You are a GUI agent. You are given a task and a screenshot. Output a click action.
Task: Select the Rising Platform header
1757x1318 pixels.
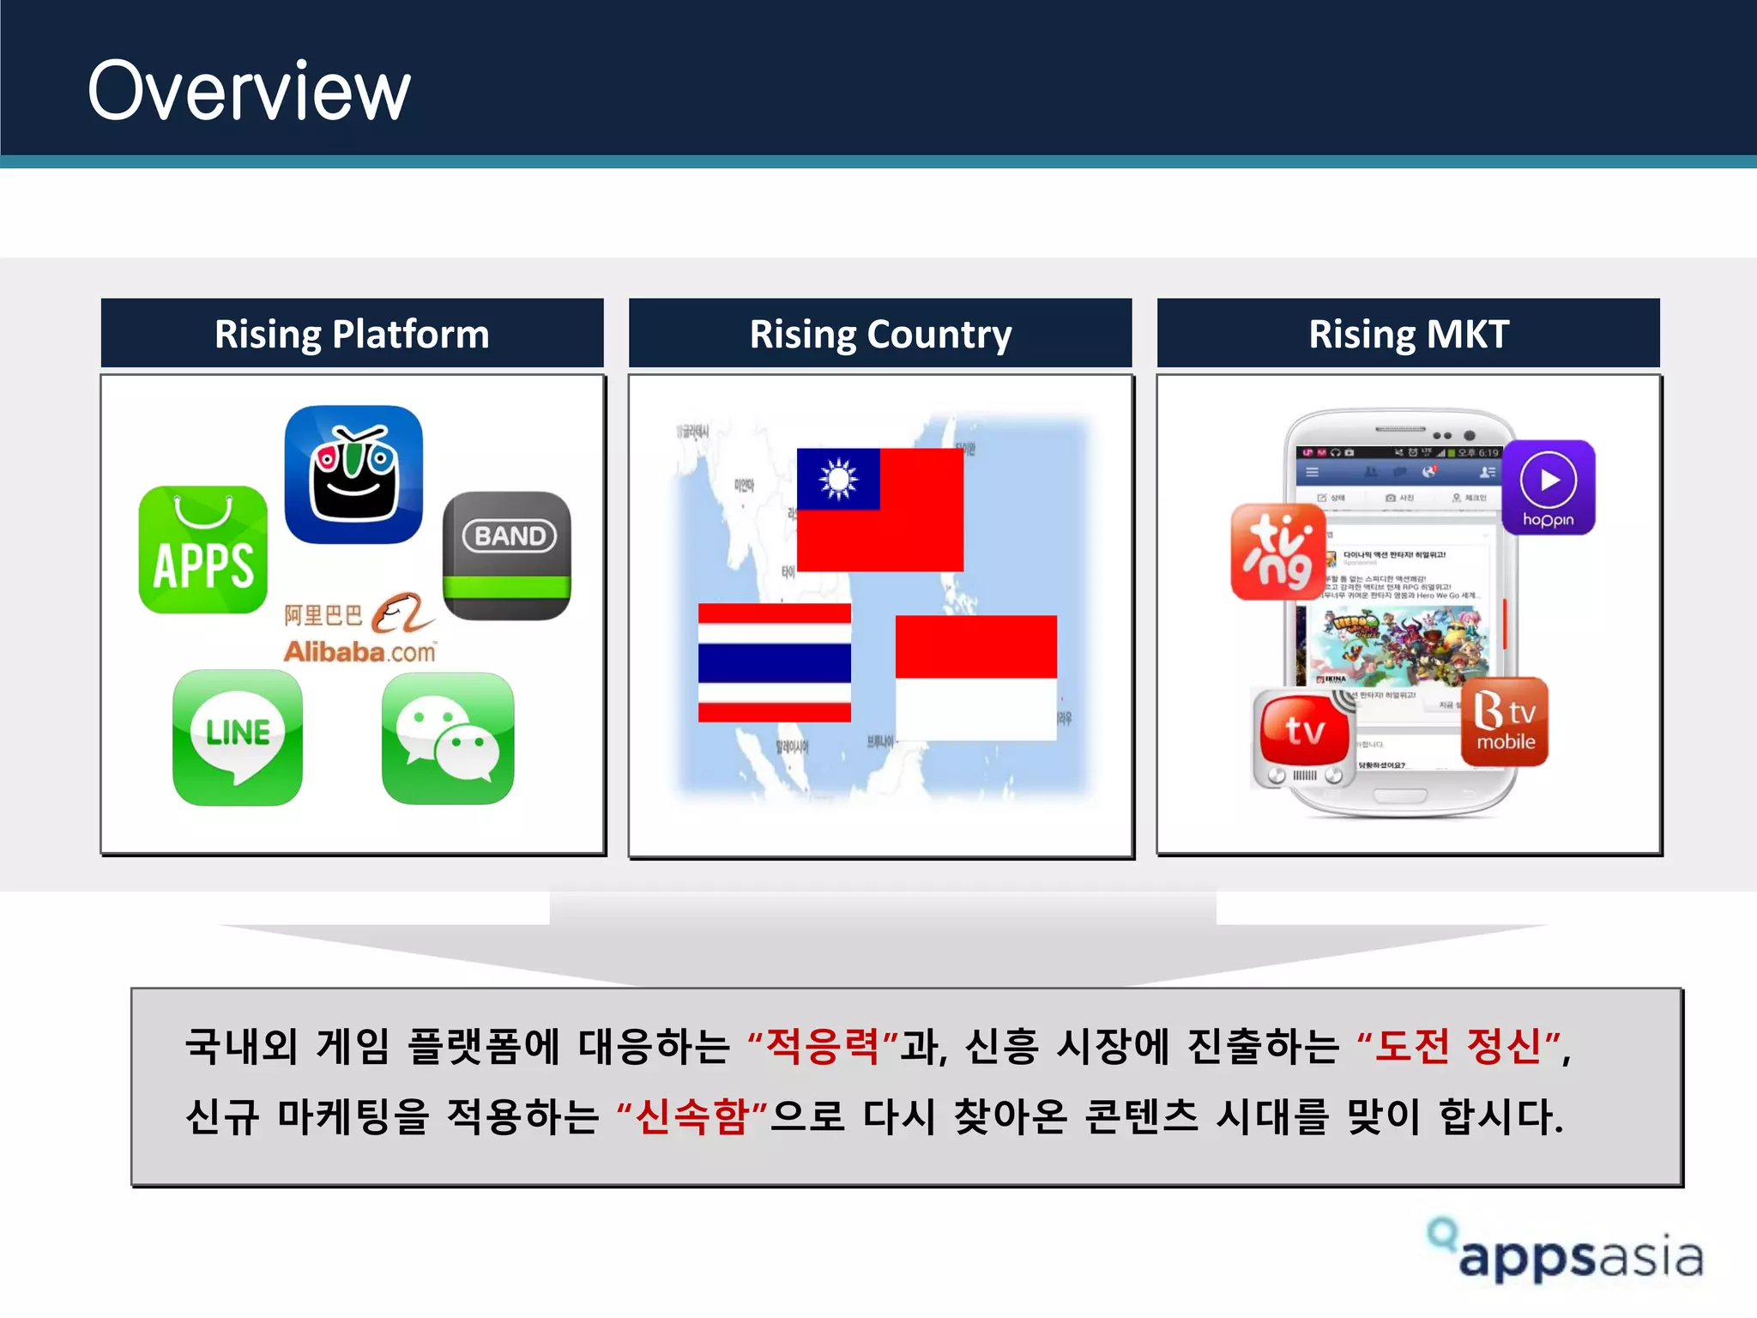click(352, 334)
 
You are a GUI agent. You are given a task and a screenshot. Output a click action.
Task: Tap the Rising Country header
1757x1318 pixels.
click(880, 334)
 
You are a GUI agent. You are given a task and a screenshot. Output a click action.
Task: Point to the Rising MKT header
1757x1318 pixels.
click(1408, 334)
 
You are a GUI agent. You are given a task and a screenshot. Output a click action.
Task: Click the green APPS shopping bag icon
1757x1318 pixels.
click(203, 550)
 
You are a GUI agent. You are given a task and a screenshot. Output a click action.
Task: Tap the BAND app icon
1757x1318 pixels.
click(507, 555)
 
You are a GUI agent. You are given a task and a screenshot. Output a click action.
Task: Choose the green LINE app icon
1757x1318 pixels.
click(238, 737)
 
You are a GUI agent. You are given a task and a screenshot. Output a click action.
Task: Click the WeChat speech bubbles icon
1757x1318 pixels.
click(448, 738)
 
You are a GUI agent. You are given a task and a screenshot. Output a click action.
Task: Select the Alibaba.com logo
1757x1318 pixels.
click(360, 629)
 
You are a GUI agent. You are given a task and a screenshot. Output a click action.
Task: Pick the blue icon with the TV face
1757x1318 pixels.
click(353, 475)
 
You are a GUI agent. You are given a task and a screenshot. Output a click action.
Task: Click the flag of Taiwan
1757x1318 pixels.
click(880, 510)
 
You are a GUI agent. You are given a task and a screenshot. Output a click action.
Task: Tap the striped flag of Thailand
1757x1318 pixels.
click(775, 662)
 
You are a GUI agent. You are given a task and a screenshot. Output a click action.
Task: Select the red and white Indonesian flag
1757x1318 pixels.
click(975, 677)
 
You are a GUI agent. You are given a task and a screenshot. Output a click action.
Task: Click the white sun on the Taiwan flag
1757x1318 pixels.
click(838, 479)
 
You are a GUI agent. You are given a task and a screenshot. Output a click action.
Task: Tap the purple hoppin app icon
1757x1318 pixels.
click(1549, 487)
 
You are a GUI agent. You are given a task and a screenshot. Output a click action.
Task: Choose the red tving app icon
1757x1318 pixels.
click(1278, 552)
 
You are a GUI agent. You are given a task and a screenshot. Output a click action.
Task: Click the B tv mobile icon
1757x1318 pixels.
click(1505, 722)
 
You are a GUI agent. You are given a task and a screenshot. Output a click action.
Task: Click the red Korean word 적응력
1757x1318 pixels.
click(823, 1046)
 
